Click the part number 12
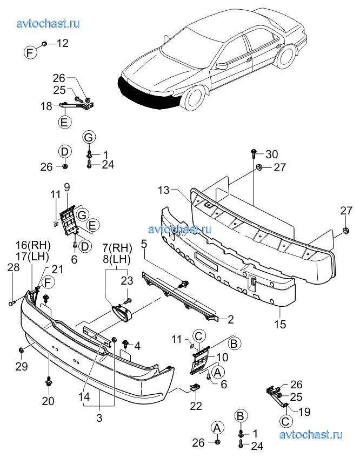(x=63, y=43)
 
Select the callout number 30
(x=271, y=154)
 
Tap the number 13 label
(x=164, y=190)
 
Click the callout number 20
(x=49, y=401)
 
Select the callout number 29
(x=21, y=367)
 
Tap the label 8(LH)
(x=117, y=259)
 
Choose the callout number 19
(x=304, y=413)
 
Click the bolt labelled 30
(x=254, y=154)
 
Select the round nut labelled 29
(x=21, y=351)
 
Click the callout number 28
(x=14, y=268)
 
